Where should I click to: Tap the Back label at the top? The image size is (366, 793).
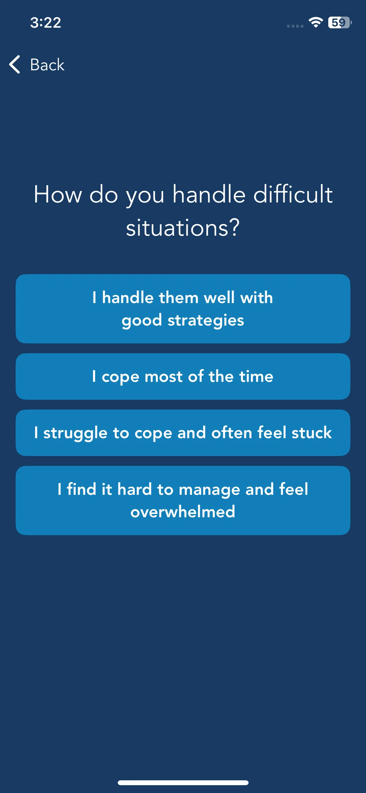coord(47,64)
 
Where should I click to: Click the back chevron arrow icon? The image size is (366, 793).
coord(15,64)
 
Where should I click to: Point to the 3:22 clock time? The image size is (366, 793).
coord(46,22)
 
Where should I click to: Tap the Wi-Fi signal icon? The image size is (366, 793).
coord(316,22)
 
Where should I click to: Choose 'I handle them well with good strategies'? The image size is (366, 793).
coord(183,309)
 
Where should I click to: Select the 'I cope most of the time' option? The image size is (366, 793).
coord(183,377)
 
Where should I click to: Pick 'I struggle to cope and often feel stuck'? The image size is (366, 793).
coord(183,433)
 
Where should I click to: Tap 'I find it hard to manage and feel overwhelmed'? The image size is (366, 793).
coord(183,500)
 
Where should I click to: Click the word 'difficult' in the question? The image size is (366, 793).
coord(293,194)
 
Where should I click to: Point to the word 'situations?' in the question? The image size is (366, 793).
coord(183,228)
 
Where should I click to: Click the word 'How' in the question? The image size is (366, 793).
coord(58,194)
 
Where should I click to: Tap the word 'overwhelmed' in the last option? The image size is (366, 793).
coord(183,511)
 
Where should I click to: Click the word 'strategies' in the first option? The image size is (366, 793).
coord(206,321)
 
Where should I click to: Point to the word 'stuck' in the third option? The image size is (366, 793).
coord(312,433)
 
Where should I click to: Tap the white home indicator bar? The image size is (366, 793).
coord(183,783)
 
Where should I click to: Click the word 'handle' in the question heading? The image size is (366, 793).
coord(209,194)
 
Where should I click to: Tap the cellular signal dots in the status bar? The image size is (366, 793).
coord(295,26)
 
